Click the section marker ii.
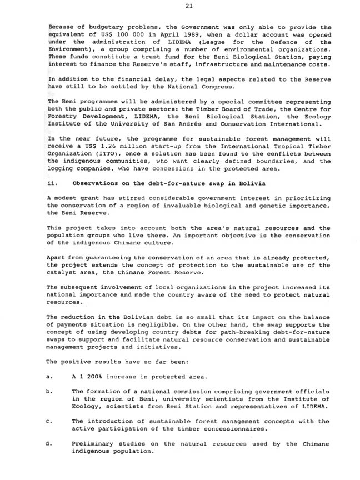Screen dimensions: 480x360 click(53, 183)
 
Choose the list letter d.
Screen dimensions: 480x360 click(50, 443)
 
